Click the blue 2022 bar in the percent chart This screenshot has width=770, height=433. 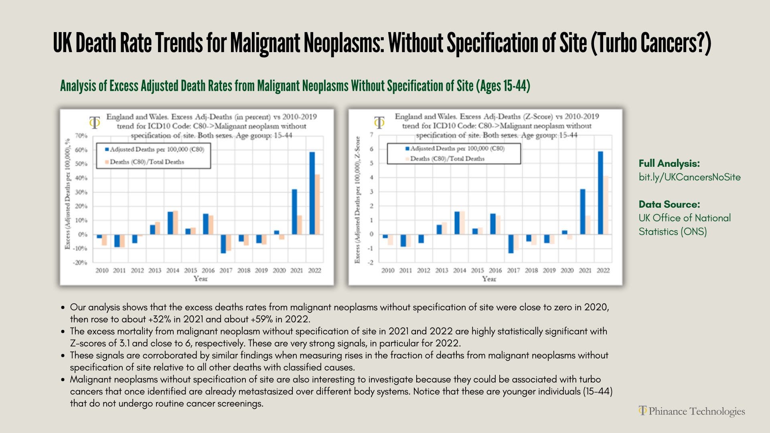pyautogui.click(x=312, y=193)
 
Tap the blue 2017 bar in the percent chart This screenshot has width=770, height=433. pyautogui.click(x=223, y=244)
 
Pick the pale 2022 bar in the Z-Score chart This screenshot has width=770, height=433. pyautogui.click(x=606, y=205)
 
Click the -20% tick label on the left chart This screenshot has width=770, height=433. pyautogui.click(x=80, y=263)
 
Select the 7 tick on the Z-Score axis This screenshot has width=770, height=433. pyautogui.click(x=371, y=135)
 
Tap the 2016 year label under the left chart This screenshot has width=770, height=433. pyautogui.click(x=208, y=271)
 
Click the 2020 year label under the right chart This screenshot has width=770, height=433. pyautogui.click(x=567, y=271)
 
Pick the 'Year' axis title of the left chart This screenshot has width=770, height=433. pyautogui.click(x=201, y=279)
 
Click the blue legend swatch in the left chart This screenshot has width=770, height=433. pyautogui.click(x=107, y=150)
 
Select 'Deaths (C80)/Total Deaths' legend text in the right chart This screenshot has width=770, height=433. pyautogui.click(x=447, y=159)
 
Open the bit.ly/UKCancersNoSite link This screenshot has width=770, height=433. pyautogui.click(x=689, y=177)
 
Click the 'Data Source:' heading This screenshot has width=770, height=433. pyautogui.click(x=669, y=204)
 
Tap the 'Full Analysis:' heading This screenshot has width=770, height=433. pyautogui.click(x=669, y=164)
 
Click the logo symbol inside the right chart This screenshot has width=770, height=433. pyautogui.click(x=379, y=122)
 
